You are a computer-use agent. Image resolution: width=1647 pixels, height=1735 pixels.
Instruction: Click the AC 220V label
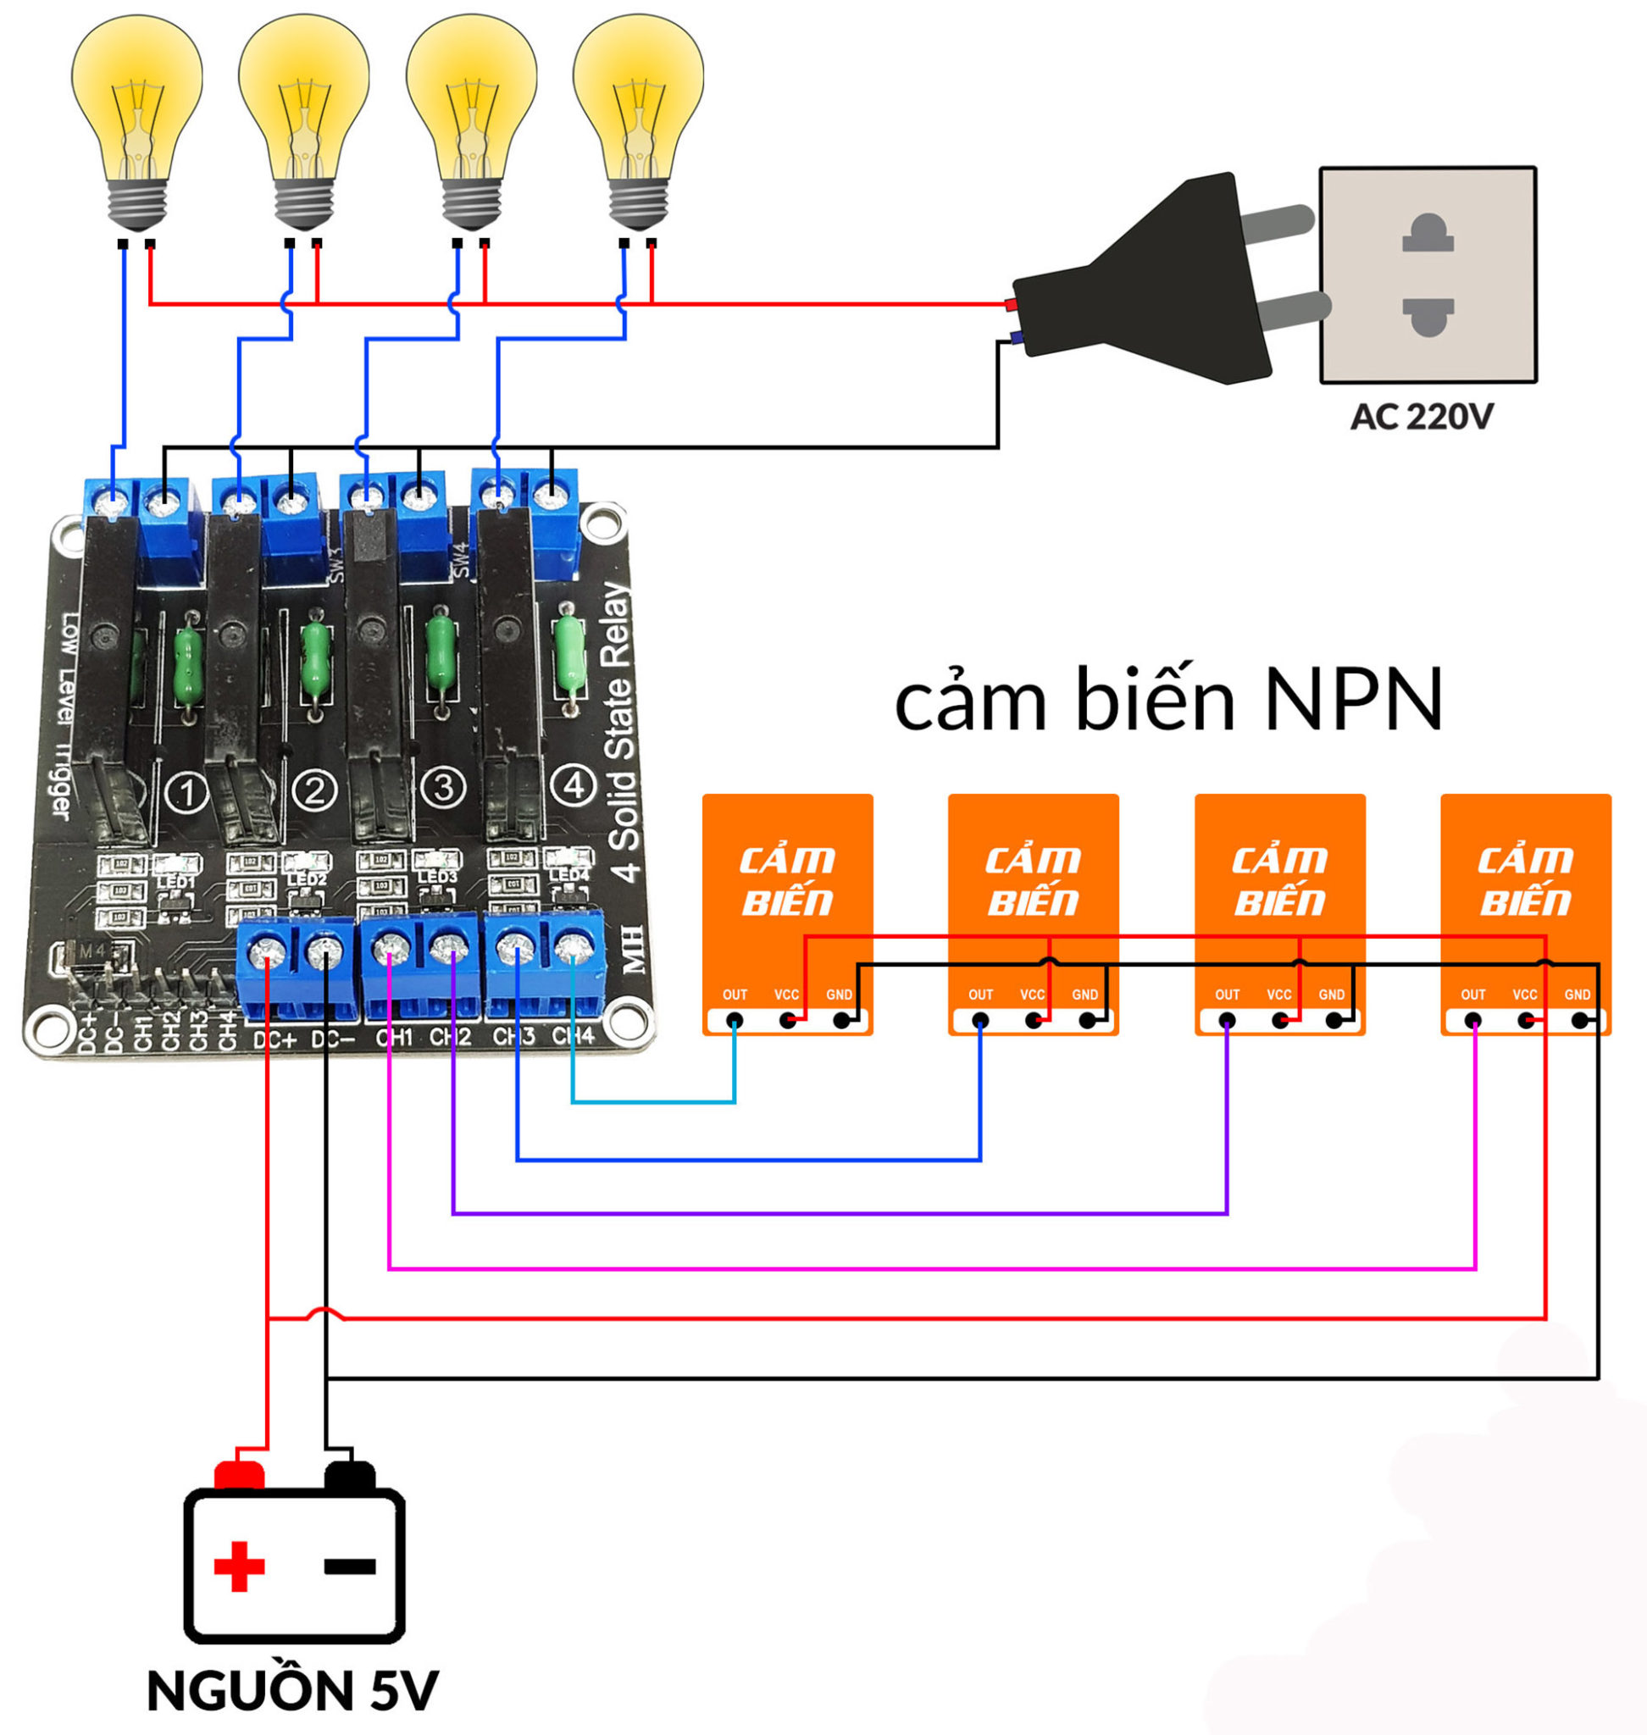[x=1421, y=417]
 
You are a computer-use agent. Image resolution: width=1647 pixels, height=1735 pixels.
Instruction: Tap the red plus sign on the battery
[x=239, y=1566]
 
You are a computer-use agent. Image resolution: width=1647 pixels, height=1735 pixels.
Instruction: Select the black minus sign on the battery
[x=349, y=1566]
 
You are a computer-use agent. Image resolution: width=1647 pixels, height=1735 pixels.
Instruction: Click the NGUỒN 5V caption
[x=291, y=1689]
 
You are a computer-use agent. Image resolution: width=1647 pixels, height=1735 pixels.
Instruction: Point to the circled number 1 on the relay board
[x=186, y=793]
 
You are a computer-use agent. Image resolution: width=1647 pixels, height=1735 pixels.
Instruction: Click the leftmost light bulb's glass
[x=136, y=97]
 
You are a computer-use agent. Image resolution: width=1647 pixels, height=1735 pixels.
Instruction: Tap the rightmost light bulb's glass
[x=638, y=97]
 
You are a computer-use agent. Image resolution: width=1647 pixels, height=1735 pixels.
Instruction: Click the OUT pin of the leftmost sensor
[x=734, y=1020]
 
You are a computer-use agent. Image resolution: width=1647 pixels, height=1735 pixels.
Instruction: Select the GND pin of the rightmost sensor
[x=1579, y=1020]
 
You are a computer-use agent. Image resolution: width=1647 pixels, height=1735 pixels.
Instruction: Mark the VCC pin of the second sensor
[x=1034, y=1020]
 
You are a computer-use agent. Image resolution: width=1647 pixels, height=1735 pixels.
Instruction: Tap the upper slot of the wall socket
[x=1428, y=235]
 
